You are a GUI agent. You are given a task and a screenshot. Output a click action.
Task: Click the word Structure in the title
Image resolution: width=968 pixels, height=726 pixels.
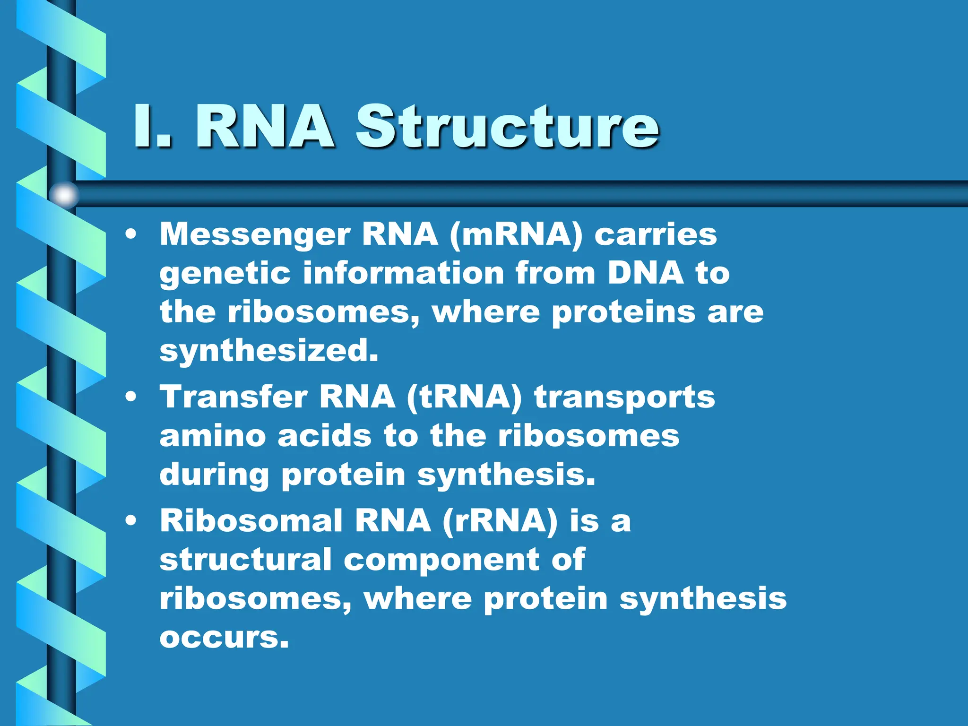pos(507,127)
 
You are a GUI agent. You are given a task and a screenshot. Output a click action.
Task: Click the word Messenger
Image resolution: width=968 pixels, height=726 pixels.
pos(255,235)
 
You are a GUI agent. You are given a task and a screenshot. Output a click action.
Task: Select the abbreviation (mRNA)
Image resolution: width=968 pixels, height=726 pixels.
pos(516,235)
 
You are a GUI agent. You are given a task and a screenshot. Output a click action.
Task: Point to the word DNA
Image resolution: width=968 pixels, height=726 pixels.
pos(646,273)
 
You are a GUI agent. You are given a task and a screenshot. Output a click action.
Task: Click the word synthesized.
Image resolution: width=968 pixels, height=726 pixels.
pos(268,352)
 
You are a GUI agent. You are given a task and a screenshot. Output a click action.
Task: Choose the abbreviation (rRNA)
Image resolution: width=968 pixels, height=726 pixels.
pos(500,521)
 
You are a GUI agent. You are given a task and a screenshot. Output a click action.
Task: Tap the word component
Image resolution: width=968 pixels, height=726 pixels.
pos(441,561)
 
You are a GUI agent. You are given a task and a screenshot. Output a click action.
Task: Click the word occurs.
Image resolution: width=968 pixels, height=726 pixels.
pos(224,638)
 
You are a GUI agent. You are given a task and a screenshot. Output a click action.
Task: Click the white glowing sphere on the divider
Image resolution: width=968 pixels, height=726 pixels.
pos(64,194)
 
